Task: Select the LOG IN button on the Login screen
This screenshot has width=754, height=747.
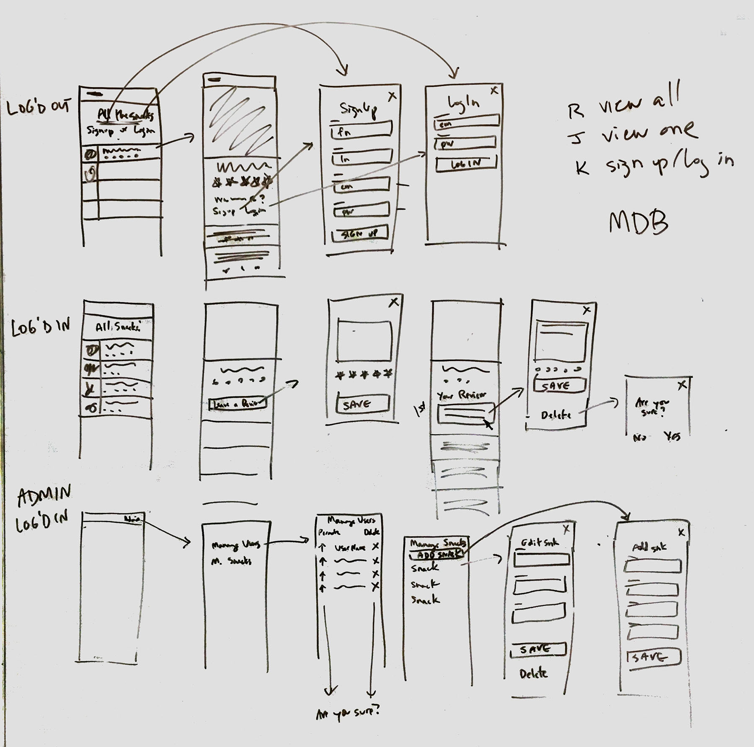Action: coord(466,163)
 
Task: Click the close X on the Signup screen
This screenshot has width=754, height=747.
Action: coord(392,96)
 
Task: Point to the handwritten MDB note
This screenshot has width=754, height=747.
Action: coord(638,223)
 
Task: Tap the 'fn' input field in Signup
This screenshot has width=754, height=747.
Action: coord(361,130)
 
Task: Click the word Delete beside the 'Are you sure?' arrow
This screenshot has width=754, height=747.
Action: coord(556,415)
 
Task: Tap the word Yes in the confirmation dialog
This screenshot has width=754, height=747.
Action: coord(672,437)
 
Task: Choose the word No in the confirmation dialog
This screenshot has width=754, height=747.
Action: coord(639,437)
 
